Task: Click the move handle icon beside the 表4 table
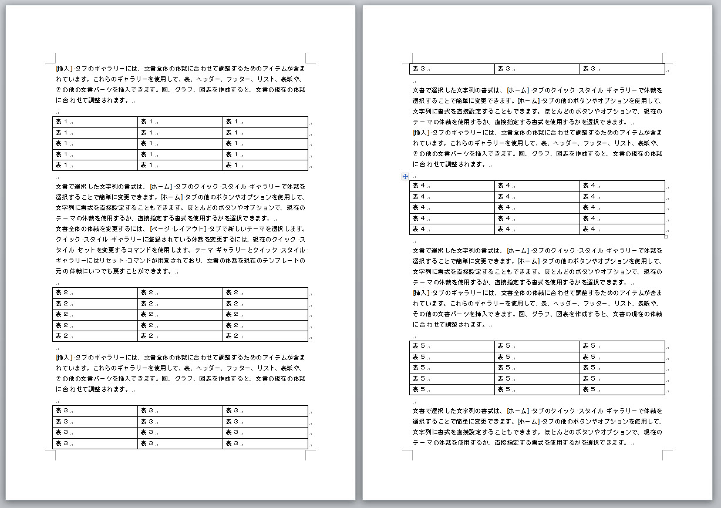click(x=405, y=176)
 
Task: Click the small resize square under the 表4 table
click(x=666, y=237)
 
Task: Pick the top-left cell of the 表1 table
click(x=95, y=122)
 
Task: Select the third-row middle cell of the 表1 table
click(x=180, y=143)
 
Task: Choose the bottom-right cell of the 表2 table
click(x=265, y=336)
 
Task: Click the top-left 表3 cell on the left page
click(x=95, y=411)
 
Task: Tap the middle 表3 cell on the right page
click(x=537, y=69)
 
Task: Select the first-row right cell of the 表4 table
click(x=622, y=186)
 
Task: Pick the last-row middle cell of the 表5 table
click(x=537, y=389)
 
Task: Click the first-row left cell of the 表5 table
click(x=452, y=346)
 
